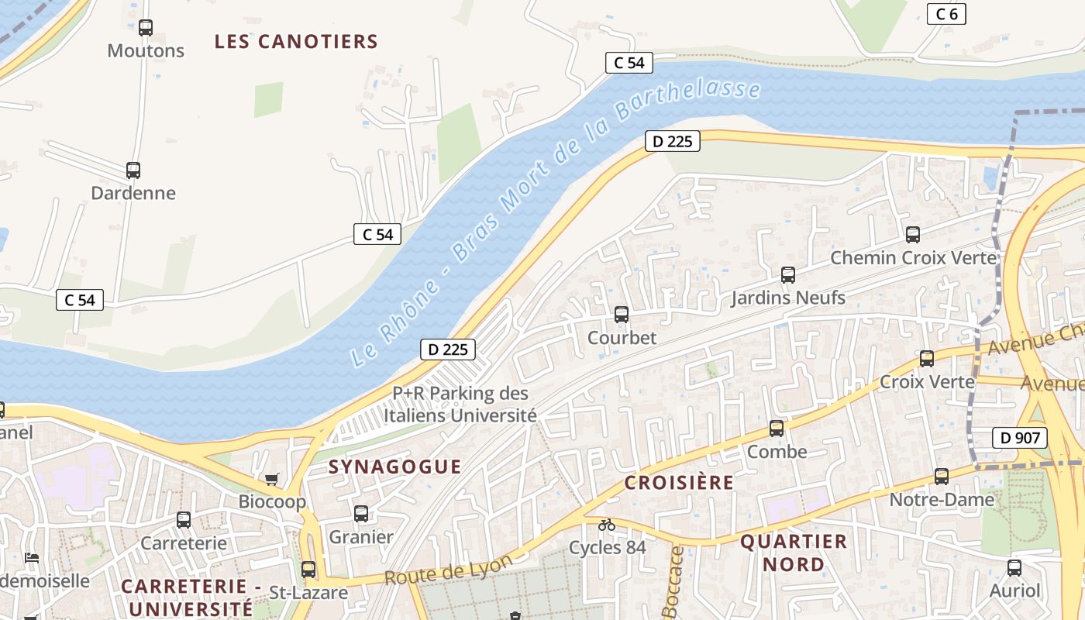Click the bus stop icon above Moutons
click(146, 28)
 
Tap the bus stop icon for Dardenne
click(133, 170)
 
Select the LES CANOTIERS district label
click(296, 42)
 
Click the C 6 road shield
click(946, 14)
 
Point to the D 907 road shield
click(1020, 437)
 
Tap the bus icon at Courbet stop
click(622, 314)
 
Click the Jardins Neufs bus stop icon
click(788, 274)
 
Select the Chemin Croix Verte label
click(913, 257)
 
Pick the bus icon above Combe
click(777, 428)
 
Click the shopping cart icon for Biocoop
click(271, 479)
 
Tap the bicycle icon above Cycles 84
click(607, 525)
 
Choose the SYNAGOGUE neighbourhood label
click(394, 467)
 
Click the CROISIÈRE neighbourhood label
click(679, 483)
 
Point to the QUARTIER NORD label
click(794, 553)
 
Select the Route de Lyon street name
click(448, 570)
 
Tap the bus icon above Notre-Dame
click(942, 476)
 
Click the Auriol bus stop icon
click(1014, 567)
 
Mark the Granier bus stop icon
click(361, 513)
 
